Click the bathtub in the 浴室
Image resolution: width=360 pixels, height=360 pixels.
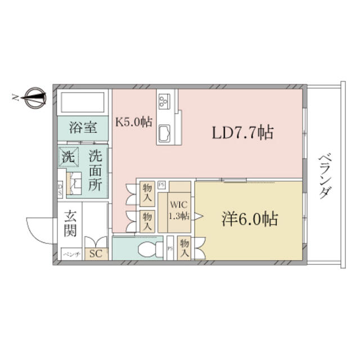(x=84, y=104)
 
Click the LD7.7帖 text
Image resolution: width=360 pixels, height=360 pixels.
(x=242, y=133)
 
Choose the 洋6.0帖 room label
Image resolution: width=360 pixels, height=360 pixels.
(x=250, y=219)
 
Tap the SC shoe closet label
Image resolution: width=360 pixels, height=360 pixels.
(x=96, y=253)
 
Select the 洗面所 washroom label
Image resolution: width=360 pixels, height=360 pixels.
(x=97, y=168)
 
